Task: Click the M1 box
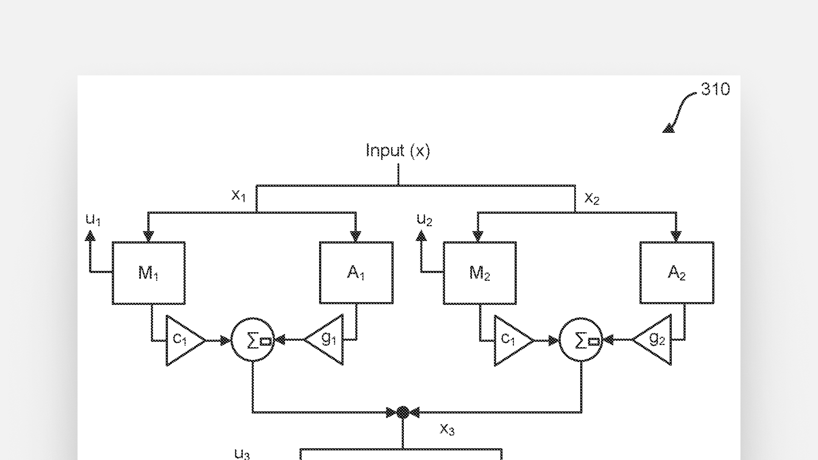[x=148, y=273]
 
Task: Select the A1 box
[x=356, y=273]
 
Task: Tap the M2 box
[x=480, y=273]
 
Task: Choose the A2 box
[x=677, y=273]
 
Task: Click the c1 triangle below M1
[x=182, y=340]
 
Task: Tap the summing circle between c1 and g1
[x=253, y=340]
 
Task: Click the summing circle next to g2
[x=581, y=340]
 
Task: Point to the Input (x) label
[x=398, y=151]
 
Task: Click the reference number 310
[x=715, y=89]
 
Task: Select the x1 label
[x=239, y=195]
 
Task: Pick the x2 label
[x=592, y=198]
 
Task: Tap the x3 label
[x=447, y=429]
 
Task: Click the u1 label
[x=93, y=220]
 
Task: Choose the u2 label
[x=424, y=220]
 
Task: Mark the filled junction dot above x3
[x=403, y=412]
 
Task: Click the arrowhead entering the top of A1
[x=355, y=236]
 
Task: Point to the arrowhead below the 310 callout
[x=668, y=128]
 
